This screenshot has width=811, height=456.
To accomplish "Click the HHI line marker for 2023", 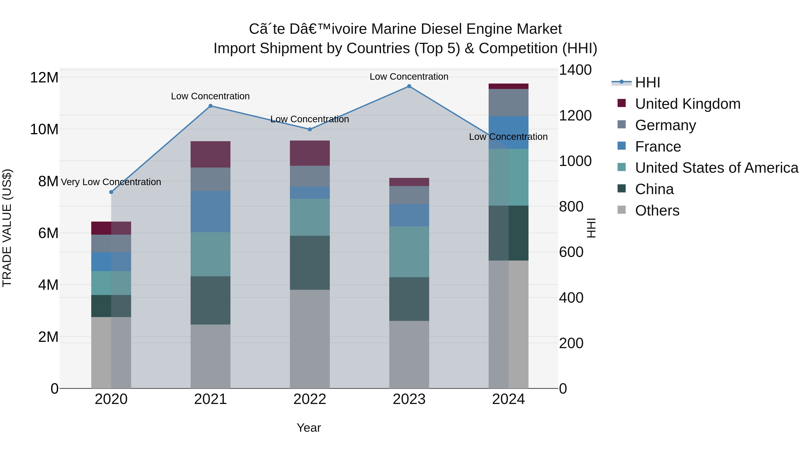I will pos(409,86).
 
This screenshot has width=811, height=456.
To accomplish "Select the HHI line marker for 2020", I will pos(111,192).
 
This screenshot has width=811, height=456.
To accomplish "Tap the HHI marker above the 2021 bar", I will pos(211,106).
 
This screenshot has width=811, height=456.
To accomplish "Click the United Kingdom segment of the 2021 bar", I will pos(210,154).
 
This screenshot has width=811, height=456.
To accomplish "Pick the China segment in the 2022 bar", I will pos(310,263).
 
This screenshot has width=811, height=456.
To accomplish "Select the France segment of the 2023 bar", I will pos(409,215).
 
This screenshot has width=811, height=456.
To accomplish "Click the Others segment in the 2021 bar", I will pos(210,356).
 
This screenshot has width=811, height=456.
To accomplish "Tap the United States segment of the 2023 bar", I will pos(409,252).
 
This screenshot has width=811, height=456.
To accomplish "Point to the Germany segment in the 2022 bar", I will pos(310,176).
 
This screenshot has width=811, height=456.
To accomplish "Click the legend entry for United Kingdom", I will pos(688,104).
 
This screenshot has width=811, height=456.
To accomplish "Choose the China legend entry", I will pos(654,189).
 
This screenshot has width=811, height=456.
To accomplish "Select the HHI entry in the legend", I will pos(647,82).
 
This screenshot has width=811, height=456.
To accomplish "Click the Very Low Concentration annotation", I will pos(111,182).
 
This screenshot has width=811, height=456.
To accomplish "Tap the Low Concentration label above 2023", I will pos(409,77).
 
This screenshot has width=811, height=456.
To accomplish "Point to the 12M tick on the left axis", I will pos(44,77).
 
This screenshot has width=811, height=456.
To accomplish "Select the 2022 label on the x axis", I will pos(310,399).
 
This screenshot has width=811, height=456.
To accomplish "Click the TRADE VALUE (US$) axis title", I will pos(7,228).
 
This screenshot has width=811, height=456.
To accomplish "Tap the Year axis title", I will pos(309,428).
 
